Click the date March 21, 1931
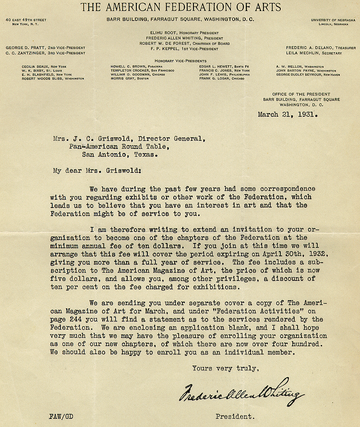[x=288, y=114]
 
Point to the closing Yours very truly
[x=226, y=368]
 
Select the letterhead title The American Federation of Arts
[x=180, y=7]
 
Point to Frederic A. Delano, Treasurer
[x=321, y=48]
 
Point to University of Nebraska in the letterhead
[x=333, y=19]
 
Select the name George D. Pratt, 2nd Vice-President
[x=45, y=48]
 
